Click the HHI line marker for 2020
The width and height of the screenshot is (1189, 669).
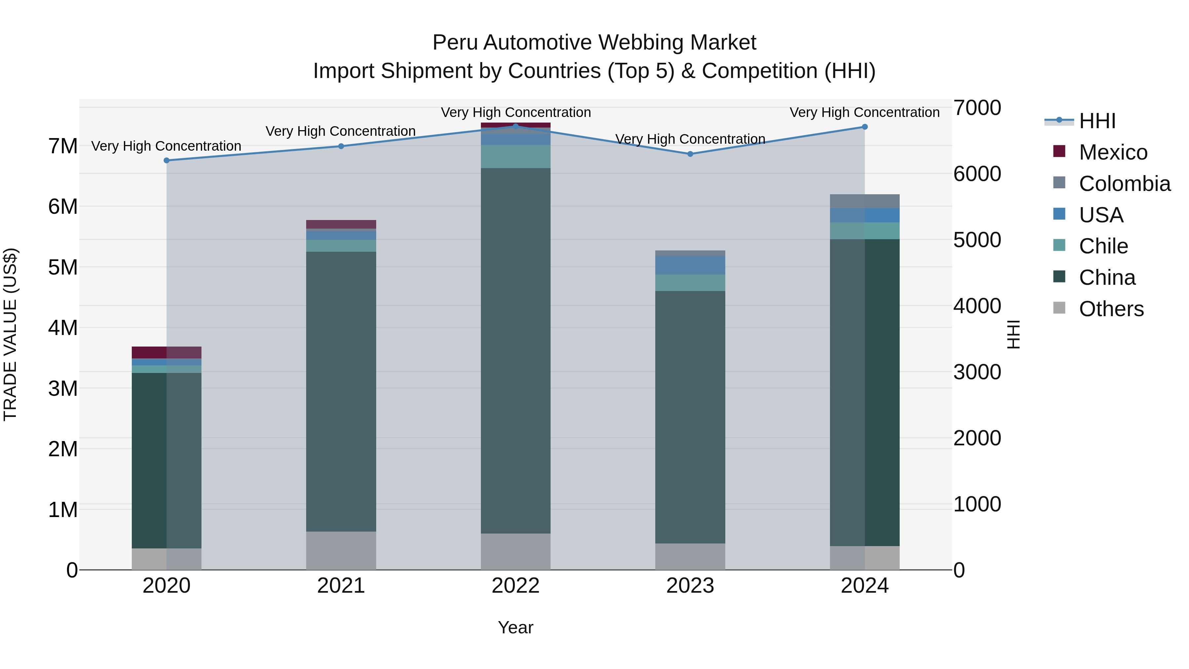(167, 160)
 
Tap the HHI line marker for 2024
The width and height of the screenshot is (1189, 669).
(865, 127)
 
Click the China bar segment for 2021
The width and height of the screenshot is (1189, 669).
(341, 391)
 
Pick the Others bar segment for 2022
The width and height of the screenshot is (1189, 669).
(516, 551)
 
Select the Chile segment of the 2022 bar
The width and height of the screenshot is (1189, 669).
(516, 157)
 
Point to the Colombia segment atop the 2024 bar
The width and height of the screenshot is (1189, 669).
(865, 201)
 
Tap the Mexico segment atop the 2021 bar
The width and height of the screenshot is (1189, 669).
(341, 224)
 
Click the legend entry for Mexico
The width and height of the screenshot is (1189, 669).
(1112, 152)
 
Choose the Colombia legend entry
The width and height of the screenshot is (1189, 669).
(1124, 184)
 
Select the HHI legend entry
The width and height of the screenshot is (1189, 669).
(1097, 121)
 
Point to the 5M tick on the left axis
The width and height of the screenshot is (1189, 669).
(63, 267)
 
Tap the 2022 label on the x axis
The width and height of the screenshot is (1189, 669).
(516, 585)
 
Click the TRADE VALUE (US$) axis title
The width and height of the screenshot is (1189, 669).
(11, 334)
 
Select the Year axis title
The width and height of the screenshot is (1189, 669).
(516, 627)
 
